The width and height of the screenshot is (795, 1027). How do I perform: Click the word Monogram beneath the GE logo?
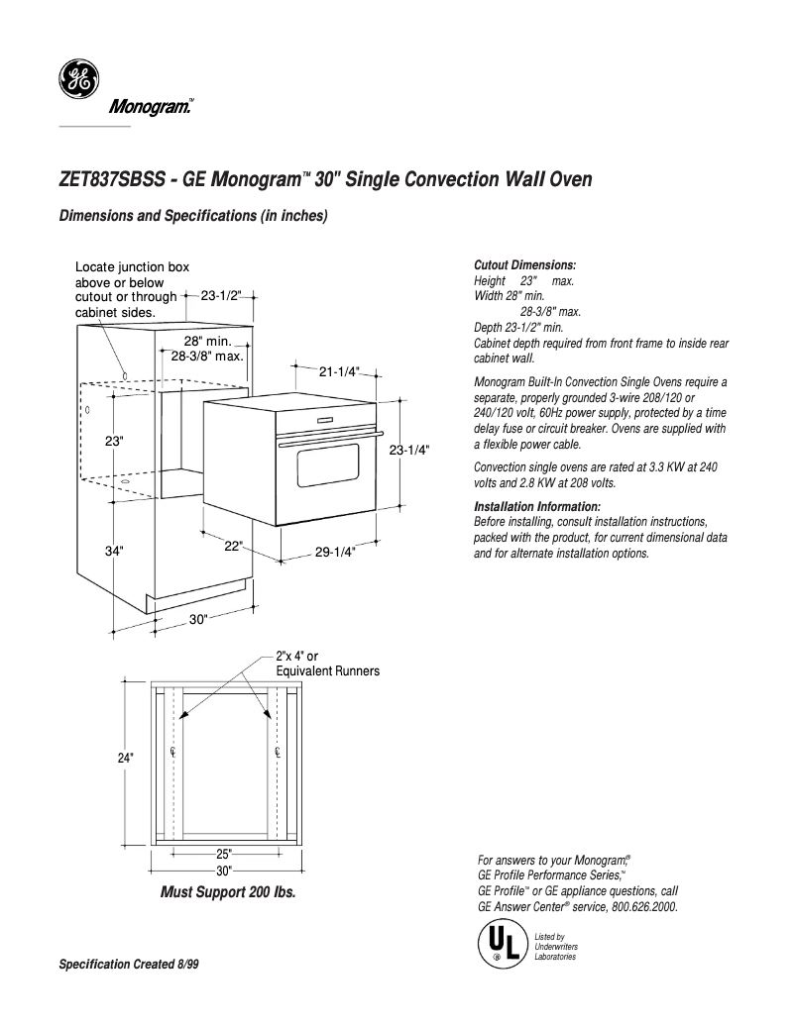(x=148, y=107)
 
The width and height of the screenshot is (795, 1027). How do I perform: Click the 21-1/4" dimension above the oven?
(x=338, y=371)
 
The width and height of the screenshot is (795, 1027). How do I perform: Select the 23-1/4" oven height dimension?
(x=408, y=450)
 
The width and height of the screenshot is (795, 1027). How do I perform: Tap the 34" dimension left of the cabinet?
(x=114, y=551)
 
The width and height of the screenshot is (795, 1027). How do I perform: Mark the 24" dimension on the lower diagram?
(x=125, y=758)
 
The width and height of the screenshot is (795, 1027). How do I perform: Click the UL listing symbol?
(x=499, y=944)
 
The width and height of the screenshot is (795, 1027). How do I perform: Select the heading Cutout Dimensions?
(x=525, y=265)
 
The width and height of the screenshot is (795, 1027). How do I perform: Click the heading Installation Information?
(x=537, y=507)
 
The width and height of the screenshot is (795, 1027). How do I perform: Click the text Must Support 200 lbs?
(x=228, y=891)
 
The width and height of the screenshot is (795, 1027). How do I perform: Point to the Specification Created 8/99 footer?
(x=129, y=964)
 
